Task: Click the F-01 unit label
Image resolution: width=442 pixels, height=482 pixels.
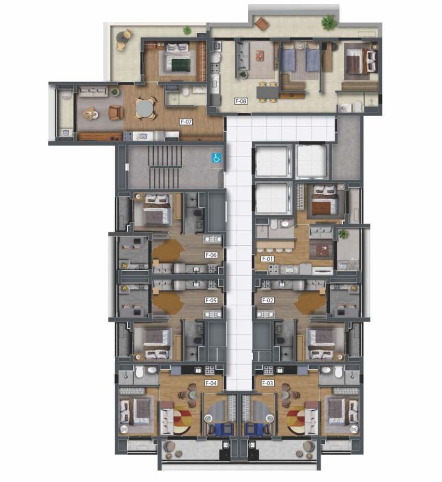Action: [268, 259]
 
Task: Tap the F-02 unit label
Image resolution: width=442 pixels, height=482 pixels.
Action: [268, 300]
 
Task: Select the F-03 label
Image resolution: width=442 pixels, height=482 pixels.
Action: [268, 383]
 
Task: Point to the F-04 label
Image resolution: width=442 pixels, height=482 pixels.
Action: [211, 383]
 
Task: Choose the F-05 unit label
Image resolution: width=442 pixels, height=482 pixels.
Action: [211, 300]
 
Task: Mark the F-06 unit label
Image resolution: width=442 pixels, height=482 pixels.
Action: [211, 255]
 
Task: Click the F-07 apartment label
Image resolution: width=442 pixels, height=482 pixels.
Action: [187, 122]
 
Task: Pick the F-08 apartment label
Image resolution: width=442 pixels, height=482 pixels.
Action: [241, 101]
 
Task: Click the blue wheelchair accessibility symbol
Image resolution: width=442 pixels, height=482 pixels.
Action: [217, 158]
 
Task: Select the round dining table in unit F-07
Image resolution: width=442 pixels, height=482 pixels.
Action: [145, 108]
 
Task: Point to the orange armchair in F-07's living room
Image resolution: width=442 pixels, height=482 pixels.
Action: [116, 113]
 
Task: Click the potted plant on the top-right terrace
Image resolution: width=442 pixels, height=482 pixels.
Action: [329, 22]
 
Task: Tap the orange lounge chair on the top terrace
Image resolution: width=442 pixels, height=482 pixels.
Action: [262, 23]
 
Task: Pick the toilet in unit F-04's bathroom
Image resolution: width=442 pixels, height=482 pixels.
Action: [140, 372]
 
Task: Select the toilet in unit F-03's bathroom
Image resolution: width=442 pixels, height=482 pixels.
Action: [338, 372]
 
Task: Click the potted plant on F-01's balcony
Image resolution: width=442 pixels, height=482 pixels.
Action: [343, 234]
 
